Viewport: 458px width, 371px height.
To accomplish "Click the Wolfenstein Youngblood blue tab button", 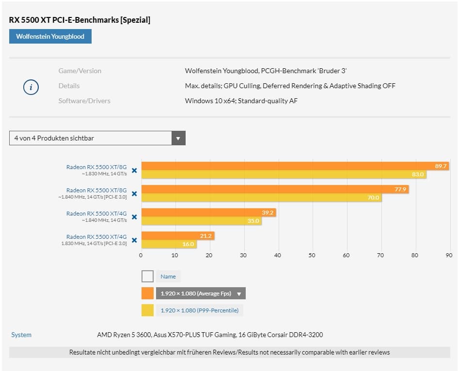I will (50, 36).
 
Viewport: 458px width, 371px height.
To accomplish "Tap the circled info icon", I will (31, 87).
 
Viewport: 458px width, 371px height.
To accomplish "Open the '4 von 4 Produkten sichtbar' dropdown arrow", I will (178, 138).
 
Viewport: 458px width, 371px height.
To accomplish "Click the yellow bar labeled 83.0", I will (284, 174).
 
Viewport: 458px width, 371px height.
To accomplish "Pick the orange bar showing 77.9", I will (274, 189).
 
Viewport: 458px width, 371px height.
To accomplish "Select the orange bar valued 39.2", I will (208, 212).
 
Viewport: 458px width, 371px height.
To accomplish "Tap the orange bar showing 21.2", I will (177, 236).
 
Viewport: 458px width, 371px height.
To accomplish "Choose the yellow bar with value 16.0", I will (169, 244).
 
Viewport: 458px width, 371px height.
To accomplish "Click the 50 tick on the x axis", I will (312, 255).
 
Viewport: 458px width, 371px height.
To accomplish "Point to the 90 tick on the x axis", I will (449, 255).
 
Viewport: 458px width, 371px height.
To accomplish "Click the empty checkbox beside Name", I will (147, 277).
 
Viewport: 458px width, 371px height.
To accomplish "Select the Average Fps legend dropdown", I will (200, 294).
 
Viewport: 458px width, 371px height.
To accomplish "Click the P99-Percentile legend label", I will (199, 310).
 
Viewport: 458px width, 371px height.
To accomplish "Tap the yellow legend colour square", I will (147, 310).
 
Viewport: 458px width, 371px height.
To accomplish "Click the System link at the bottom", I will (21, 335).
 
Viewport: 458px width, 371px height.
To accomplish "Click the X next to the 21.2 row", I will (134, 240).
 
